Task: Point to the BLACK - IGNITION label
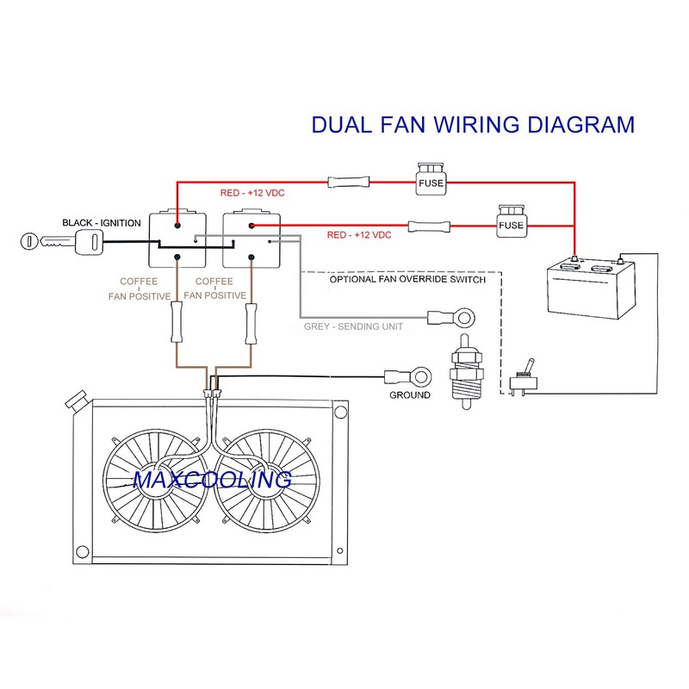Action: point(101,223)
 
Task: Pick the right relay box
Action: point(251,239)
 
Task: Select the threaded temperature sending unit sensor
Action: point(465,373)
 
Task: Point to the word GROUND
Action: point(410,395)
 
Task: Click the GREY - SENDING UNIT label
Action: point(353,327)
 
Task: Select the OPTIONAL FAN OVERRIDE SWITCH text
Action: point(407,280)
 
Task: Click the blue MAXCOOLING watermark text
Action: point(212,479)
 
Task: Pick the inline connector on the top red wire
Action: point(342,182)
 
